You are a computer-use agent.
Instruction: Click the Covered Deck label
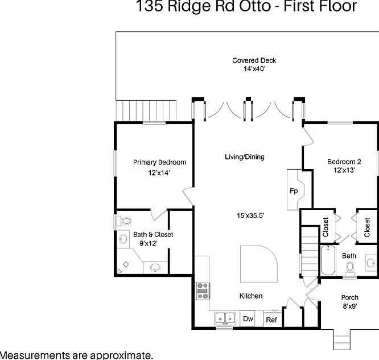click(254, 60)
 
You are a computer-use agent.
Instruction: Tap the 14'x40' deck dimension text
click(254, 69)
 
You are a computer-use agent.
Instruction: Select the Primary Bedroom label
click(159, 162)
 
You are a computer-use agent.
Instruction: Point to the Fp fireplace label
click(294, 191)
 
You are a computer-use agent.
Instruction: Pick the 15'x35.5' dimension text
click(250, 215)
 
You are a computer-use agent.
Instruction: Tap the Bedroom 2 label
click(344, 162)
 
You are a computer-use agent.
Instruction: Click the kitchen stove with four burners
click(202, 291)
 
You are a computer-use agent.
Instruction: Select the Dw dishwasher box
click(248, 319)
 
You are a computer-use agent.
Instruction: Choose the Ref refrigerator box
click(271, 320)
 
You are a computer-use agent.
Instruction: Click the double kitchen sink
click(225, 318)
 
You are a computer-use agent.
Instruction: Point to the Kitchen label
click(250, 296)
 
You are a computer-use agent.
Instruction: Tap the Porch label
click(349, 297)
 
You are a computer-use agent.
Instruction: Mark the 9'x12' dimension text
click(145, 243)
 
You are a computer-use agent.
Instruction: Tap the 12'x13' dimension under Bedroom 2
click(344, 170)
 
